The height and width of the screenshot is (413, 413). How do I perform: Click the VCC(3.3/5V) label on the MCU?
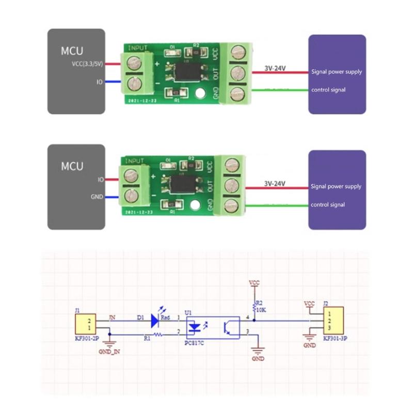pyautogui.click(x=88, y=64)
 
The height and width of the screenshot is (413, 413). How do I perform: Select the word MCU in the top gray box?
pyautogui.click(x=72, y=51)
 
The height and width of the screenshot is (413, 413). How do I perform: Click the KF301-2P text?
pyautogui.click(x=86, y=340)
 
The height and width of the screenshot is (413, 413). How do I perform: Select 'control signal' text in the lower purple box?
pyautogui.click(x=328, y=205)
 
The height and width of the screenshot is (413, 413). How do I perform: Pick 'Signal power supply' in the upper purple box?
pyautogui.click(x=337, y=72)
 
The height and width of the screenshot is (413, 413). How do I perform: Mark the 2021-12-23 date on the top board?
pyautogui.click(x=141, y=102)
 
